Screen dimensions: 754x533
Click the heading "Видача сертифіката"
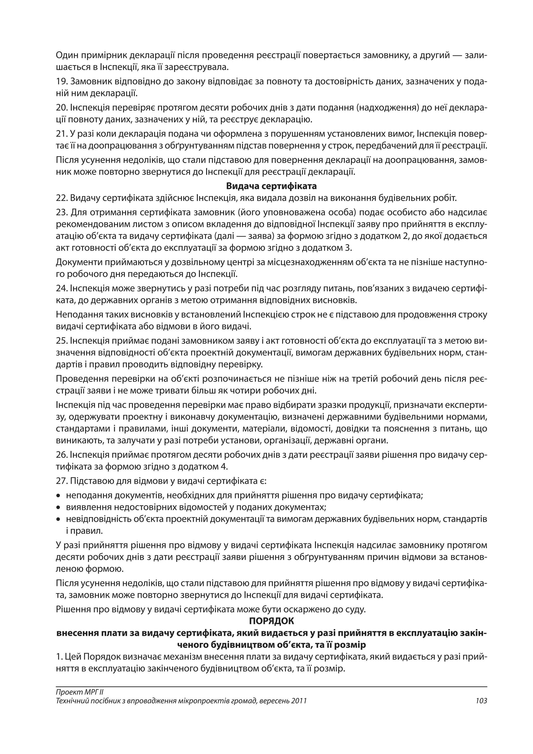pos(271,186)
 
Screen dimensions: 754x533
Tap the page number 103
pos(481,700)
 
